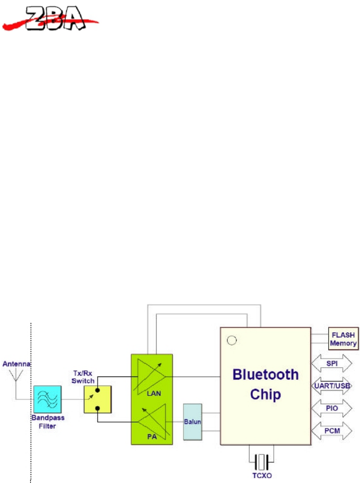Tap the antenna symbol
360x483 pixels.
click(16, 376)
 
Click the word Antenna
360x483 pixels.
click(16, 364)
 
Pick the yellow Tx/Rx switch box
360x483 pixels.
click(97, 399)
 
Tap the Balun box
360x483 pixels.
click(192, 422)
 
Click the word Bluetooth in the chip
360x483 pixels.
click(265, 375)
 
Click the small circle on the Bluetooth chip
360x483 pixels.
click(231, 341)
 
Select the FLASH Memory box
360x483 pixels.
click(343, 339)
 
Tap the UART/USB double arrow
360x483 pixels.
click(332, 386)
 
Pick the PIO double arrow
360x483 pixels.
click(332, 408)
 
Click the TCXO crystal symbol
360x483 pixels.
click(261, 462)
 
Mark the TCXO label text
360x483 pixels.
click(261, 476)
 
